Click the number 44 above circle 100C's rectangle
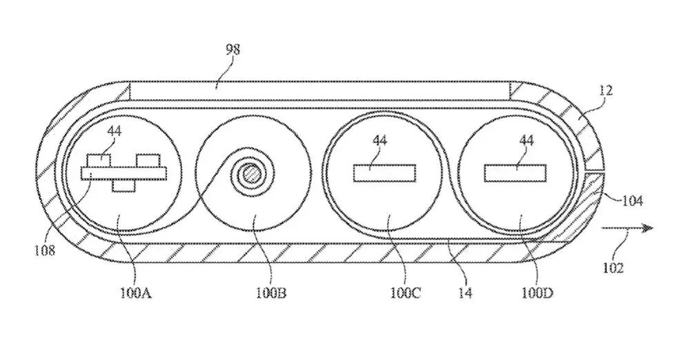pos(379,141)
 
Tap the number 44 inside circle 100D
pos(526,141)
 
